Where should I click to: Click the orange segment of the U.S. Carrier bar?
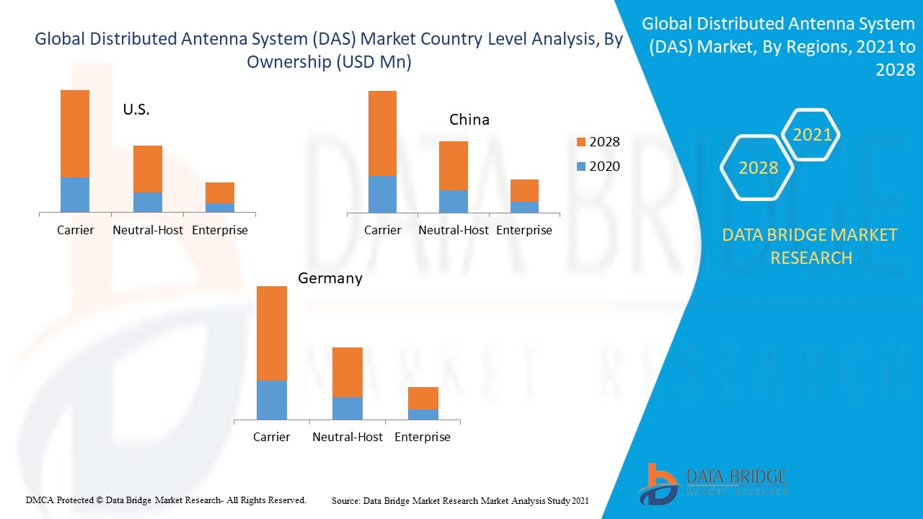tap(75, 133)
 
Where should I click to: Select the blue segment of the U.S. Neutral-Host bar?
tap(148, 202)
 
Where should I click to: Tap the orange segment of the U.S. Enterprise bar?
tap(220, 192)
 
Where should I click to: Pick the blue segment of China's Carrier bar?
tap(382, 194)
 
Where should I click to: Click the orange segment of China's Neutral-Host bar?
tap(454, 166)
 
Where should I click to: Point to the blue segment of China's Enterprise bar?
tap(524, 207)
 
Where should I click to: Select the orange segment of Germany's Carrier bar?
tap(272, 333)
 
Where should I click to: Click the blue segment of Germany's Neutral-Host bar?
tap(348, 408)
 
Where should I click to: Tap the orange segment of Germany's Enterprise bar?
tap(423, 398)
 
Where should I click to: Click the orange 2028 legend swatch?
tap(581, 142)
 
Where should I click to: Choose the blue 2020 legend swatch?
tap(581, 167)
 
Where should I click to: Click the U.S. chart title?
tap(136, 110)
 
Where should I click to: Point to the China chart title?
tap(469, 120)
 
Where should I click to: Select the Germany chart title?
tap(330, 278)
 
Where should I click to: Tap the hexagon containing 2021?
tap(812, 135)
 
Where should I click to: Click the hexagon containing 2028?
tap(758, 168)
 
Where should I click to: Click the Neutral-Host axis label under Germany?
tap(348, 437)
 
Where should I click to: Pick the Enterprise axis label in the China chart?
tap(524, 230)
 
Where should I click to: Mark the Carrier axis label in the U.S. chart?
tap(76, 230)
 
